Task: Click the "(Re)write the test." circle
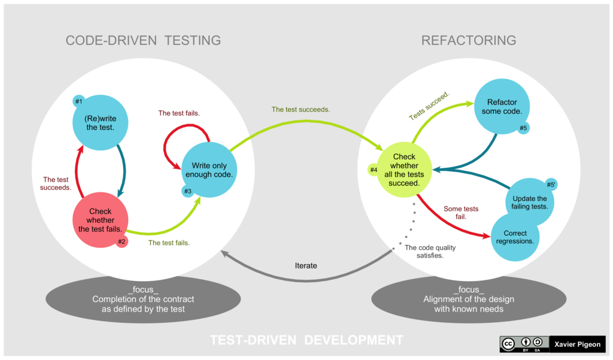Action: tap(100, 123)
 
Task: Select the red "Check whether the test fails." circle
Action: tap(100, 220)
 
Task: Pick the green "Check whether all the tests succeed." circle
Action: tap(404, 170)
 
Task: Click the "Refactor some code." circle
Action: tap(502, 107)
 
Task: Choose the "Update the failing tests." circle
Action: tap(529, 202)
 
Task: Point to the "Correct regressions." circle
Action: tap(515, 237)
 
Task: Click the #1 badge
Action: tap(78, 102)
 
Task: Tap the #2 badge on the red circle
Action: tap(122, 241)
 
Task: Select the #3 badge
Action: tap(187, 191)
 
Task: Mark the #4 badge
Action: tap(374, 170)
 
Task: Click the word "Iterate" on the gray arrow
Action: tap(306, 265)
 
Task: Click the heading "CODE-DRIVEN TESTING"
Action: tap(143, 41)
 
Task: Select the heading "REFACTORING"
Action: tap(469, 41)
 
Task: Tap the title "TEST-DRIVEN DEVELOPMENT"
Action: tap(306, 340)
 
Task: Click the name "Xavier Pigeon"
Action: tap(578, 344)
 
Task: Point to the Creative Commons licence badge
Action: tap(524, 344)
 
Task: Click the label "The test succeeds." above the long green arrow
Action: tap(301, 110)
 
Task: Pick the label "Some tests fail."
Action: tap(461, 213)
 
